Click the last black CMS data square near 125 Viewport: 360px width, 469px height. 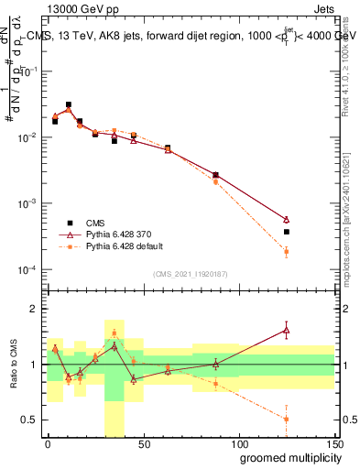coord(287,232)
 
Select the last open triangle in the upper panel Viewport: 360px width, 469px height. coord(287,220)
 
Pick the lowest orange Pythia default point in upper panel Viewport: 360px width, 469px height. coord(287,252)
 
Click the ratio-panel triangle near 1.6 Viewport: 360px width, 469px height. coord(287,330)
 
